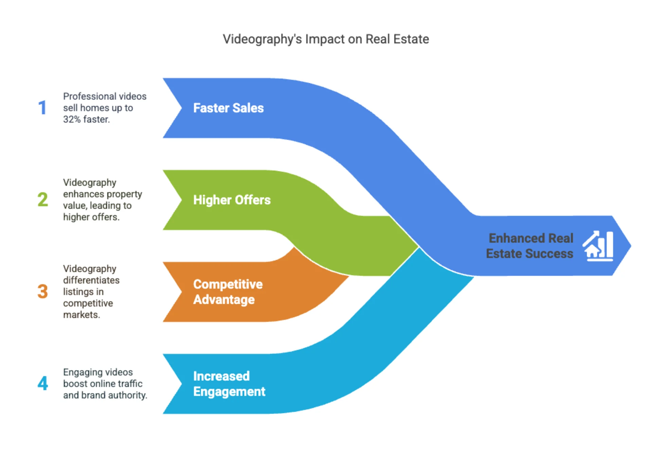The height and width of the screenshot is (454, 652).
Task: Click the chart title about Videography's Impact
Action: pyautogui.click(x=326, y=39)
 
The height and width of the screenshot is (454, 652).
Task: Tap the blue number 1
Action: pyautogui.click(x=42, y=108)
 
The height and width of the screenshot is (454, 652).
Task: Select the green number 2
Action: pyautogui.click(x=43, y=199)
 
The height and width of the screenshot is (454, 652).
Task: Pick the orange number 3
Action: pyautogui.click(x=43, y=291)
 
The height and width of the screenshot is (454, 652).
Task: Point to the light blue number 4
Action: pyautogui.click(x=43, y=383)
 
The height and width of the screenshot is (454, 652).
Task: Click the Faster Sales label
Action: pyautogui.click(x=228, y=108)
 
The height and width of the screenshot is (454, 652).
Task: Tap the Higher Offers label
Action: pyautogui.click(x=232, y=200)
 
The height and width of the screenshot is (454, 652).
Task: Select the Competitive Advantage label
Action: pyautogui.click(x=228, y=292)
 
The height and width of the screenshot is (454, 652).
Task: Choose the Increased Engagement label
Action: pyautogui.click(x=229, y=384)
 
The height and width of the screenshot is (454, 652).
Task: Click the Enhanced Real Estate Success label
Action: pyautogui.click(x=530, y=246)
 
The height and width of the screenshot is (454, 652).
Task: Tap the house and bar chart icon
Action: pyautogui.click(x=598, y=246)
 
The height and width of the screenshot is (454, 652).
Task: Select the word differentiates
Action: pyautogui.click(x=91, y=280)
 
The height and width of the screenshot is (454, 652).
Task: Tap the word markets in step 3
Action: pyautogui.click(x=81, y=315)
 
